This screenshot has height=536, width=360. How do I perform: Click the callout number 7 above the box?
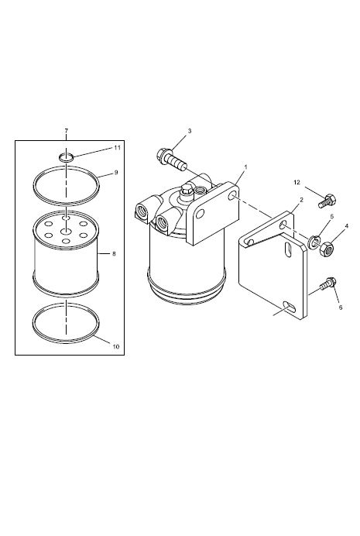coord(67,131)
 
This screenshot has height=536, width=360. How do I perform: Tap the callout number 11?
coord(117,148)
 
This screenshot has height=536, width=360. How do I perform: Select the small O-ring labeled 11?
coord(66,157)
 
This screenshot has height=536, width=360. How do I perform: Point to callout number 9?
coord(116,172)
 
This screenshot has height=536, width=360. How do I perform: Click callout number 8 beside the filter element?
coord(114,253)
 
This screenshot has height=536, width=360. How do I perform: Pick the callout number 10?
coord(116,346)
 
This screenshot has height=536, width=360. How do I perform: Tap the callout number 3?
coord(190,131)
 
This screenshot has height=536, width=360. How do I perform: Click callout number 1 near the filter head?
coord(245,167)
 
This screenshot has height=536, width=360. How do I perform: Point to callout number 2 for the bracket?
coord(301,200)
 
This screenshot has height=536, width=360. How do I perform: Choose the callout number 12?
coord(297,182)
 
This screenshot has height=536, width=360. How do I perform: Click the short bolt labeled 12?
coord(327,201)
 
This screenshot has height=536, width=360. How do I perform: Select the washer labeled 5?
coord(314,242)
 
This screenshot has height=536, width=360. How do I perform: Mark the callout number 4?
coord(346,226)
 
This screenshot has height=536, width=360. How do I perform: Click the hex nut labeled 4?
coord(326,249)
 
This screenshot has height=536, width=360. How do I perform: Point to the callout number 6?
coord(340,308)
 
